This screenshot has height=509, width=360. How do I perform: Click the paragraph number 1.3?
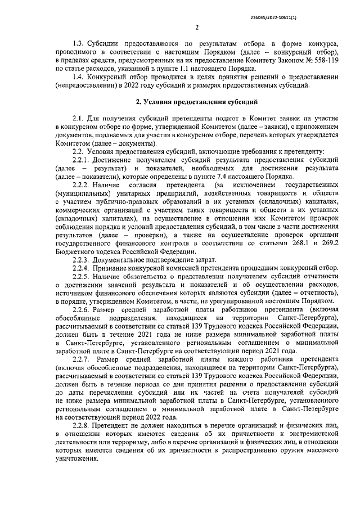[x=80, y=44]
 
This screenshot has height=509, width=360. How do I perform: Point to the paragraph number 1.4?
[x=80, y=75]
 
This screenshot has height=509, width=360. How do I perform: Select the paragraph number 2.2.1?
[x=83, y=160]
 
